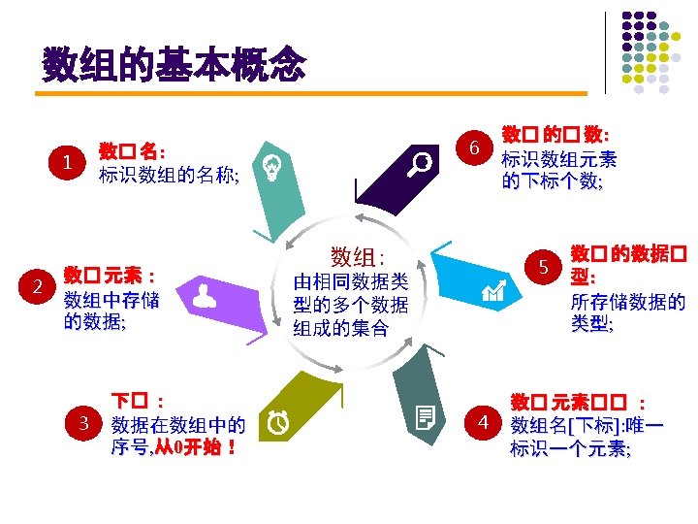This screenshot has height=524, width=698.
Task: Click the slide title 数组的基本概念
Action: pyautogui.click(x=174, y=67)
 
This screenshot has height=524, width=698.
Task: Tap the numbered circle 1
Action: pyautogui.click(x=67, y=162)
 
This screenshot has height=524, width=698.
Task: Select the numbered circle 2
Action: pyautogui.click(x=37, y=286)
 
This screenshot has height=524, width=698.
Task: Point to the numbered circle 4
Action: pyautogui.click(x=484, y=422)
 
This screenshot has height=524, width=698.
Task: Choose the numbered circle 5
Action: pyautogui.click(x=544, y=267)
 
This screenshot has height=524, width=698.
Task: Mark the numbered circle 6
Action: pyautogui.click(x=474, y=147)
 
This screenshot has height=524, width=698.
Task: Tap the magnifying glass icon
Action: pyautogui.click(x=422, y=163)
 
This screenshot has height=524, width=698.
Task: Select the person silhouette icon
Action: pyautogui.click(x=205, y=295)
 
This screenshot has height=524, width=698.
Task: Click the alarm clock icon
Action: pyautogui.click(x=279, y=421)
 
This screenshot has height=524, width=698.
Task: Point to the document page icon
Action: pyautogui.click(x=425, y=419)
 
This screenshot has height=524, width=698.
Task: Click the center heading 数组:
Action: pyautogui.click(x=357, y=256)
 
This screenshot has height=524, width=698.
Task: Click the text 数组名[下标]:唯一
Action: pyautogui.click(x=587, y=425)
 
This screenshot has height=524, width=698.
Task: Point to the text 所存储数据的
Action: pyautogui.click(x=628, y=302)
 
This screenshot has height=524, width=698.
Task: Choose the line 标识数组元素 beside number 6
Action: pyautogui.click(x=559, y=159)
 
